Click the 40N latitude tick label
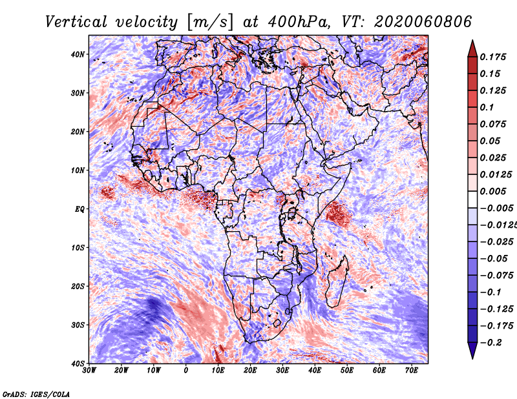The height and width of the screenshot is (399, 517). [x=78, y=54]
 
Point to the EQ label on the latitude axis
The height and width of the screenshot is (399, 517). [x=79, y=209]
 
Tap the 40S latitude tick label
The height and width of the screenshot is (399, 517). [x=78, y=363]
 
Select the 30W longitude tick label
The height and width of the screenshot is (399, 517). [x=89, y=371]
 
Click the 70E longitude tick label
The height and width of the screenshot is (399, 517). [x=412, y=371]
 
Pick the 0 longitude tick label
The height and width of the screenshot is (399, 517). [x=186, y=371]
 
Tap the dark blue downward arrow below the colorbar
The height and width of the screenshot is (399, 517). [x=472, y=352]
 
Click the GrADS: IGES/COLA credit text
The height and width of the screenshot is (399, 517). [x=36, y=393]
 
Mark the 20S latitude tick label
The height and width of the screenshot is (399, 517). [x=78, y=286]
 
